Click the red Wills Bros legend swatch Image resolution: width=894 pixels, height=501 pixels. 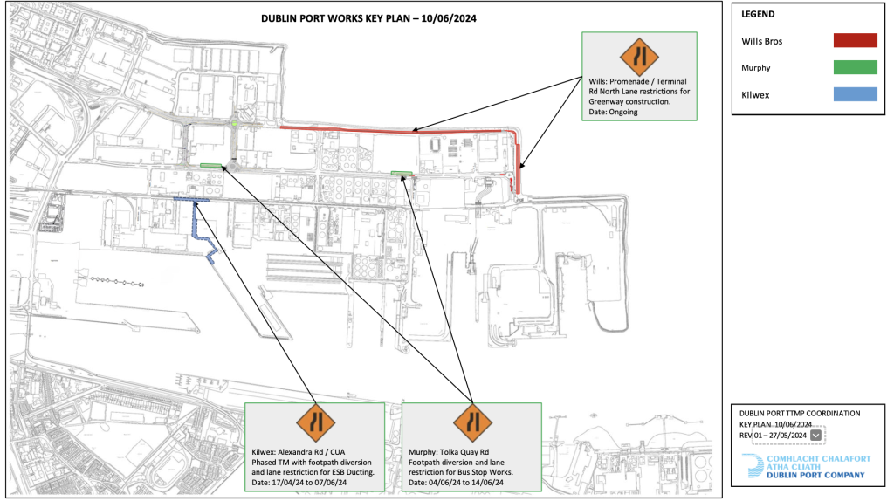pos(855,40)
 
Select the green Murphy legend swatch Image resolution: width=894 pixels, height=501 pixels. pos(855,67)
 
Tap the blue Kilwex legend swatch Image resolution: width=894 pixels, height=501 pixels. pos(855,94)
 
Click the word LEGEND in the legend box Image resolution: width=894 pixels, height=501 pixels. pos(758,14)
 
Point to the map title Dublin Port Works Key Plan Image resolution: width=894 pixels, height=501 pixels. pos(368,18)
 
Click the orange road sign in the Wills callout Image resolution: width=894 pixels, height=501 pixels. pos(639,57)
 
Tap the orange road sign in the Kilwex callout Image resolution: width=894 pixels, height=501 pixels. pos(316,423)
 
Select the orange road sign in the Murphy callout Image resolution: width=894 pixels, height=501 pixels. pos(472,423)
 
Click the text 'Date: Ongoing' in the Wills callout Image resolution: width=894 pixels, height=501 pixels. pos(613,112)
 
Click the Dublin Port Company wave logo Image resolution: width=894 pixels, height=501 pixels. pos(753,465)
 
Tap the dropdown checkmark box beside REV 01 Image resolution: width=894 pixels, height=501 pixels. pos(816,436)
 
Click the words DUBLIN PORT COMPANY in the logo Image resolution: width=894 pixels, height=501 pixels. pos(815,475)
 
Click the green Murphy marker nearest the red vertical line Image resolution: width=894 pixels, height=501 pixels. pos(402,173)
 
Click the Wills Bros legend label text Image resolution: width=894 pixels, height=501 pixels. pos(761,41)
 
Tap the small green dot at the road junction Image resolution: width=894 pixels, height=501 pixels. pos(234,123)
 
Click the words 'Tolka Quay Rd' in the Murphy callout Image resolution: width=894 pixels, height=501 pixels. pos(464,452)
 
